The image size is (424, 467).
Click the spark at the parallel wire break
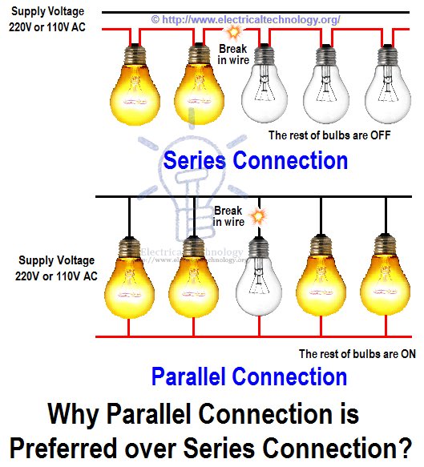tap(256, 215)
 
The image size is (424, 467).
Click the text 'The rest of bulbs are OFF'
tap(329, 135)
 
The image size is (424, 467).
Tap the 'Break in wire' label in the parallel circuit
tap(228, 215)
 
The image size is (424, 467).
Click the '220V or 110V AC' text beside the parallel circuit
tap(55, 276)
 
